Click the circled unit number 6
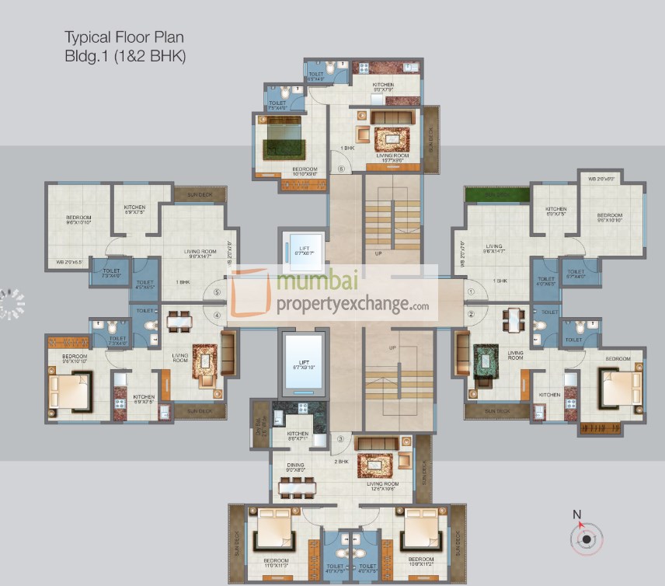click(x=339, y=168)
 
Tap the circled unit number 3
click(x=340, y=439)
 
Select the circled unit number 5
click(x=218, y=292)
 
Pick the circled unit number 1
click(x=471, y=292)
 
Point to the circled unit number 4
click(x=218, y=315)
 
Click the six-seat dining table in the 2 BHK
click(x=299, y=487)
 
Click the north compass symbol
click(x=586, y=537)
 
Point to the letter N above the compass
click(x=576, y=514)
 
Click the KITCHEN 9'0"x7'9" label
click(x=382, y=87)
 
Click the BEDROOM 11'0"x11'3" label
click(x=276, y=563)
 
